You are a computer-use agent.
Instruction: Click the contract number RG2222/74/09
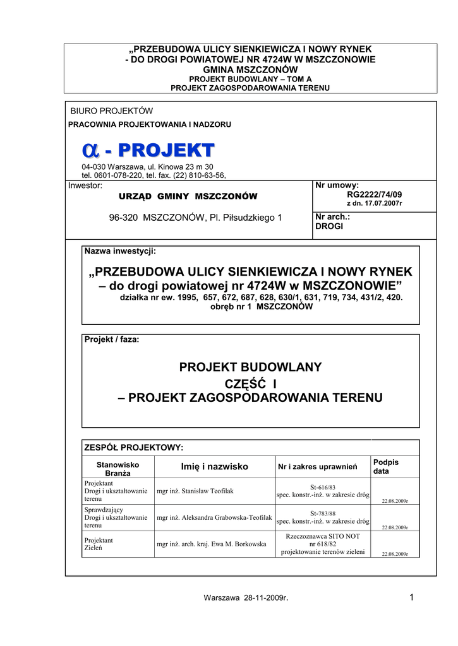pos(375,195)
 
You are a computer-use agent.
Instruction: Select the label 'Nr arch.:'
pos(332,217)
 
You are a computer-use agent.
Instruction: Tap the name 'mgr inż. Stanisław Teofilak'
pos(195,490)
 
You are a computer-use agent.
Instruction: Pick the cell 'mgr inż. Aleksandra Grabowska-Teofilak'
pos(214,517)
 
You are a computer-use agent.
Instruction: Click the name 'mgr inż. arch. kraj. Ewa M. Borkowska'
pos(211,544)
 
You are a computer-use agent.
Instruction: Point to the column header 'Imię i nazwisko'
pos(214,466)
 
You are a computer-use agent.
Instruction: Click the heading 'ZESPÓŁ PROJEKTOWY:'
pos(134,447)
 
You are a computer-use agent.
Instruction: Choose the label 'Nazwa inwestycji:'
pos(120,251)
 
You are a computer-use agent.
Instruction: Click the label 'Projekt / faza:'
pos(112,339)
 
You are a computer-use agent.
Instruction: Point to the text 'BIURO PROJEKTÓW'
pos(111,111)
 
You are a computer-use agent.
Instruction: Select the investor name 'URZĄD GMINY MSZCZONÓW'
pos(184,196)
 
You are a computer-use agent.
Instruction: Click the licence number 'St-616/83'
pos(322,487)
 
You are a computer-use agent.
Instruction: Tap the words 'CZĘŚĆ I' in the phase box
pos(251,383)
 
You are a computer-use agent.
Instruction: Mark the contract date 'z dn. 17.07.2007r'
pos(374,204)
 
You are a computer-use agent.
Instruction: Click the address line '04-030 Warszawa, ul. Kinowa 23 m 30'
pos(143,167)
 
